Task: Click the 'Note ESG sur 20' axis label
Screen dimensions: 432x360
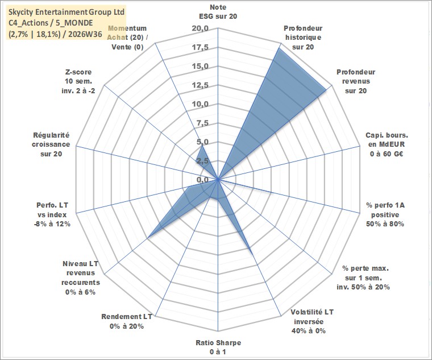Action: (x=218, y=11)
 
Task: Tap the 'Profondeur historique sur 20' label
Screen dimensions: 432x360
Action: (x=303, y=38)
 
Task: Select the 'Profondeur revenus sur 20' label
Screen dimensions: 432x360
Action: (x=356, y=81)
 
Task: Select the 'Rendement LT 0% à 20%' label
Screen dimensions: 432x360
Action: (x=126, y=321)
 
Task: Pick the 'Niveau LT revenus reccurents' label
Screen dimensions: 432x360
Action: (x=81, y=278)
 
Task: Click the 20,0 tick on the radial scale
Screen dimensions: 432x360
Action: (x=201, y=28)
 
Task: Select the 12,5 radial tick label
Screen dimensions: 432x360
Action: (x=201, y=85)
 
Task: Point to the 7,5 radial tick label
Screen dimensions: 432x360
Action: (x=203, y=123)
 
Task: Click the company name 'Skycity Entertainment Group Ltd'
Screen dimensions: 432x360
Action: (x=67, y=12)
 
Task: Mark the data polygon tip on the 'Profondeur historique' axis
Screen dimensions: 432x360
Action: (x=279, y=48)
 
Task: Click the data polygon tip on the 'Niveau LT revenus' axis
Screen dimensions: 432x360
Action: (x=148, y=237)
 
